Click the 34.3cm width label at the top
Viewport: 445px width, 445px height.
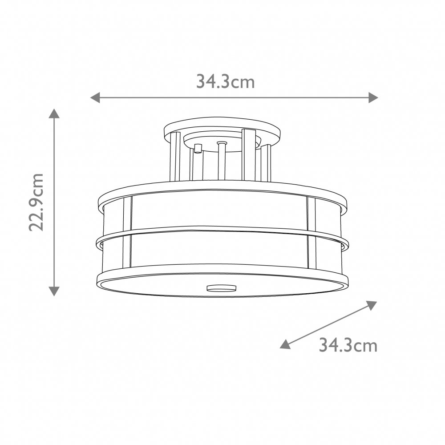(225, 81)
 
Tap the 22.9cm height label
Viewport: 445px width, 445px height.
(37, 202)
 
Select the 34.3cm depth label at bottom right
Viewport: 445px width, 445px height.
(348, 345)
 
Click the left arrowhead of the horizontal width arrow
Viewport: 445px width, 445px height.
(95, 97)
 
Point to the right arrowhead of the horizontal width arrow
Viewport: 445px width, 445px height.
(373, 97)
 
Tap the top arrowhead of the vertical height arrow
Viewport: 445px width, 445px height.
(54, 113)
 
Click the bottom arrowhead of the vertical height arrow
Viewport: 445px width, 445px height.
(54, 291)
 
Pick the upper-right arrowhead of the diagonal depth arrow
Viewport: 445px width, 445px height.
(372, 305)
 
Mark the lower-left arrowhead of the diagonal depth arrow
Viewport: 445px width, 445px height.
(285, 344)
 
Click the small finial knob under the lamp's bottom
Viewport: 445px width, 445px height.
(221, 288)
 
